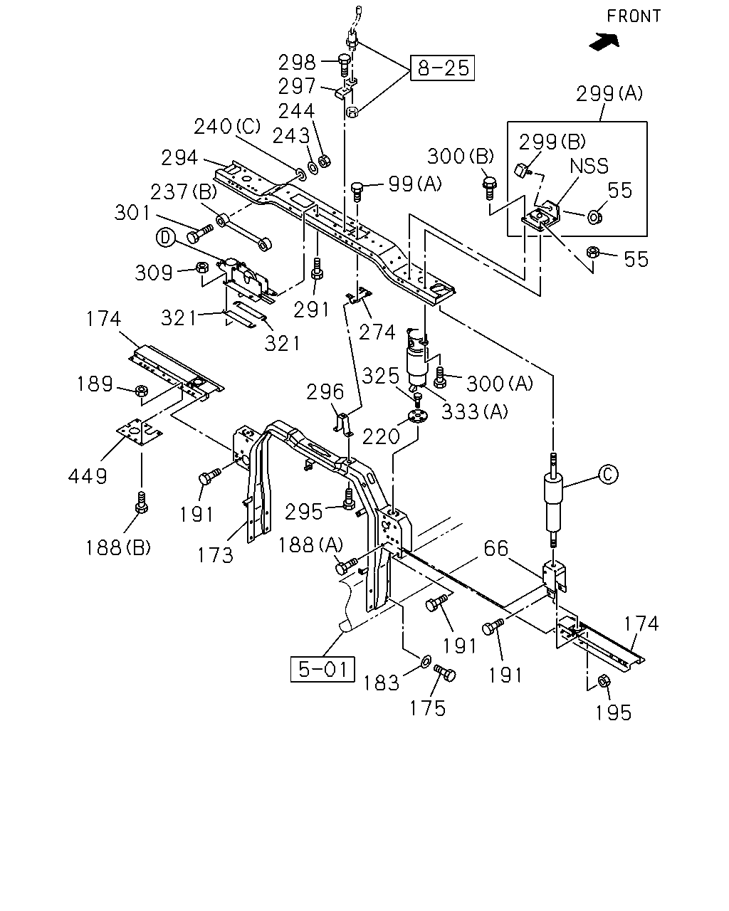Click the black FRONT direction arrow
click(x=604, y=42)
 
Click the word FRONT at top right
click(x=634, y=16)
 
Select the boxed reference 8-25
click(x=443, y=68)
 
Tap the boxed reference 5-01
click(x=322, y=669)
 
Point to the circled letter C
click(x=608, y=475)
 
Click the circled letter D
click(x=165, y=238)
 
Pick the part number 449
click(x=88, y=476)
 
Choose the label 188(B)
click(x=118, y=548)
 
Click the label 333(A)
click(x=474, y=411)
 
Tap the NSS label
click(x=589, y=166)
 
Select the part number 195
click(x=614, y=713)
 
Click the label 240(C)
click(x=227, y=127)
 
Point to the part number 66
click(x=496, y=548)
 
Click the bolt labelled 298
click(x=344, y=64)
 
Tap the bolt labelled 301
click(x=199, y=233)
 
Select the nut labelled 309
click(x=202, y=267)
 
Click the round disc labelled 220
click(x=418, y=416)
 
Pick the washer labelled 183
click(x=426, y=660)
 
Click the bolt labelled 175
click(x=444, y=673)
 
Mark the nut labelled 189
click(x=142, y=390)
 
